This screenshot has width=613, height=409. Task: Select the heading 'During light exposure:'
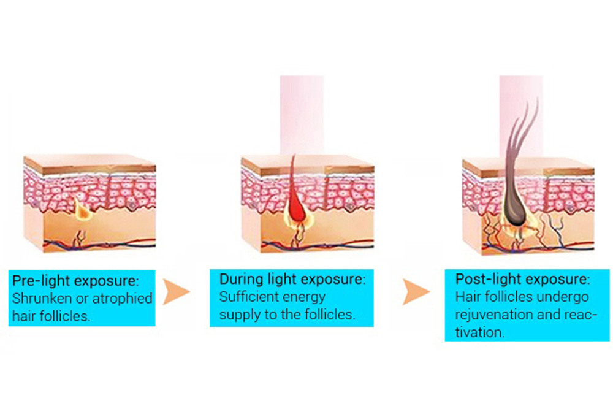[292, 280]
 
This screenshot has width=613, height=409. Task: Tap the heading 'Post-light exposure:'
[522, 280]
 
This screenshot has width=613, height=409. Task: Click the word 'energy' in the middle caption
[305, 297]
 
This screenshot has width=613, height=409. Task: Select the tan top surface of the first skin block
[89, 162]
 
